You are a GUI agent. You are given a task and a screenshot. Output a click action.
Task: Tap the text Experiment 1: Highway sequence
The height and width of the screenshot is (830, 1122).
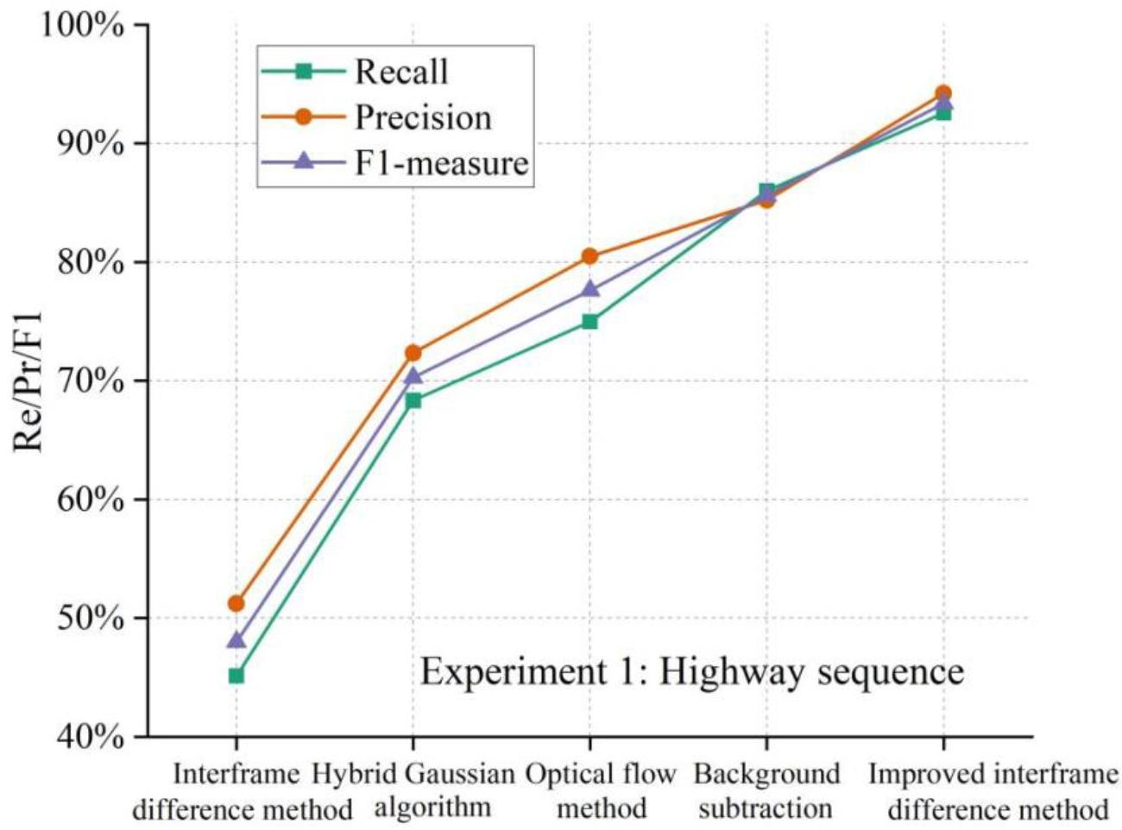pyautogui.click(x=691, y=671)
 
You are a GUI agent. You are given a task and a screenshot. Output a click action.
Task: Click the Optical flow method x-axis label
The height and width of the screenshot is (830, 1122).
pyautogui.click(x=601, y=791)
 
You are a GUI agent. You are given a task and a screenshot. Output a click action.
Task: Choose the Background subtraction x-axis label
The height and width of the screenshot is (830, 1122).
pyautogui.click(x=766, y=791)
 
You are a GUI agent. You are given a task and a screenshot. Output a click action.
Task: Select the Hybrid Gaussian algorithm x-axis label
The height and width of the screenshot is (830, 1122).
pyautogui.click(x=413, y=791)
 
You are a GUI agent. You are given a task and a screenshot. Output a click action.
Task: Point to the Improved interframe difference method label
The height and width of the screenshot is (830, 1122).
pyautogui.click(x=993, y=791)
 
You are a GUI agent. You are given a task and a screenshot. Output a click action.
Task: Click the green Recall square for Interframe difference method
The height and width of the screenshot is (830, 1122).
pyautogui.click(x=236, y=676)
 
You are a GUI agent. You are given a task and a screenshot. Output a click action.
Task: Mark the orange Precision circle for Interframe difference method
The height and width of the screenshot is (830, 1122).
pyautogui.click(x=236, y=603)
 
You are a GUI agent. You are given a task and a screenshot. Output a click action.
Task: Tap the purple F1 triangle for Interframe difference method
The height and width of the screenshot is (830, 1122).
pyautogui.click(x=236, y=640)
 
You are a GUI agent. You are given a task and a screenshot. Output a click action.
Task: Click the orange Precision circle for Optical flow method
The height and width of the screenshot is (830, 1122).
pyautogui.click(x=589, y=256)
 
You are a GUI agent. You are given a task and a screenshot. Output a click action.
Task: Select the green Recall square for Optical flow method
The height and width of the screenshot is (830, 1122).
pyautogui.click(x=589, y=322)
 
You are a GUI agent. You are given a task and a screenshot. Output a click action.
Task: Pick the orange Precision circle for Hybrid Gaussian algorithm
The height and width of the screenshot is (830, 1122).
pyautogui.click(x=413, y=353)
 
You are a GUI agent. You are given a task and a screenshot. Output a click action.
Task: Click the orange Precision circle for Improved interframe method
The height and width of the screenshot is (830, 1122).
pyautogui.click(x=943, y=92)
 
